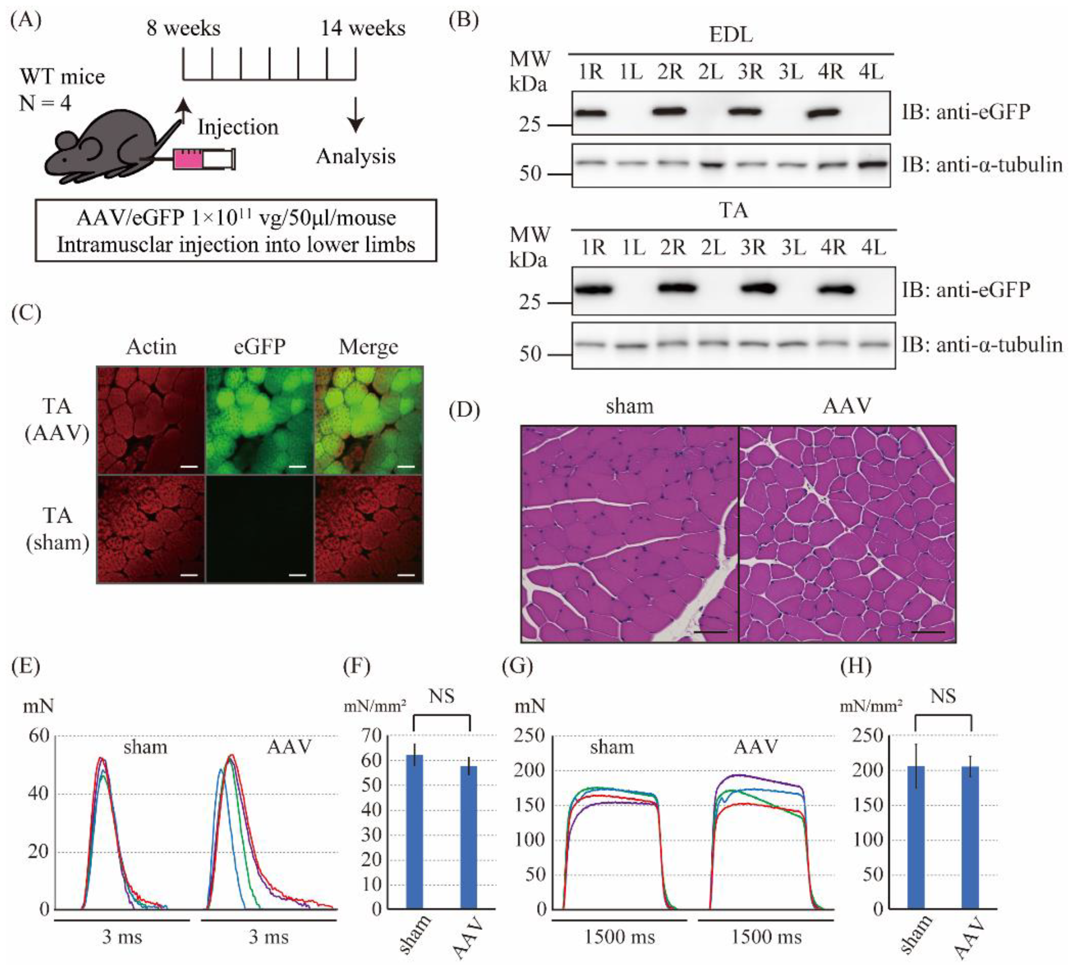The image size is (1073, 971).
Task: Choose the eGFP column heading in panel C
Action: (260, 347)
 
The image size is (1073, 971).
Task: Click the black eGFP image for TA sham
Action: (260, 530)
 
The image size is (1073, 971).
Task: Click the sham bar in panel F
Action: (415, 831)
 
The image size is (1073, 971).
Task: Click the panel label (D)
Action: (464, 410)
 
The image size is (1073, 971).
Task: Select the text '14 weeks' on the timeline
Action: (363, 28)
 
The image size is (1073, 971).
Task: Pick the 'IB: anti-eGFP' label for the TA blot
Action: (966, 290)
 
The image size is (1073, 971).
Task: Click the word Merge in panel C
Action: (368, 347)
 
